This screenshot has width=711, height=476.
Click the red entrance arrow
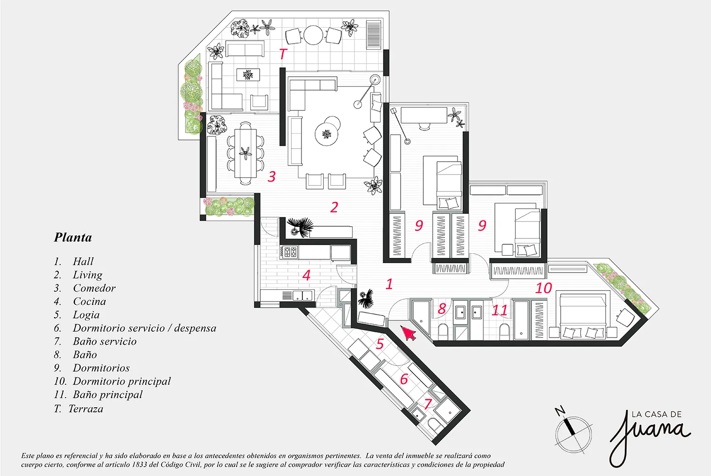tap(409, 333)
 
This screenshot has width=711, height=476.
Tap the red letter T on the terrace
tap(283, 54)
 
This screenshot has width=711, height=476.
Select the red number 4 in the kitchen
tap(306, 275)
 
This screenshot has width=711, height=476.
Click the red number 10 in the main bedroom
tap(543, 288)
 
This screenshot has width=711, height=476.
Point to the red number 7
tap(428, 403)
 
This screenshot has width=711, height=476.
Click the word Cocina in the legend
tap(90, 302)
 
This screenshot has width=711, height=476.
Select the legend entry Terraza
tap(86, 409)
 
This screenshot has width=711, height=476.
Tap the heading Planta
tap(73, 237)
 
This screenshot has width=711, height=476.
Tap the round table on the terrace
tap(313, 35)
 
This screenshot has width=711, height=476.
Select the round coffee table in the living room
tap(327, 134)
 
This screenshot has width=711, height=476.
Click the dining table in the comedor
tap(246, 154)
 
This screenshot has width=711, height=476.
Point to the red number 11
tap(500, 310)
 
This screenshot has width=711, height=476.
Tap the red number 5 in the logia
tap(380, 344)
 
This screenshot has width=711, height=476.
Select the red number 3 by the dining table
tap(272, 176)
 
